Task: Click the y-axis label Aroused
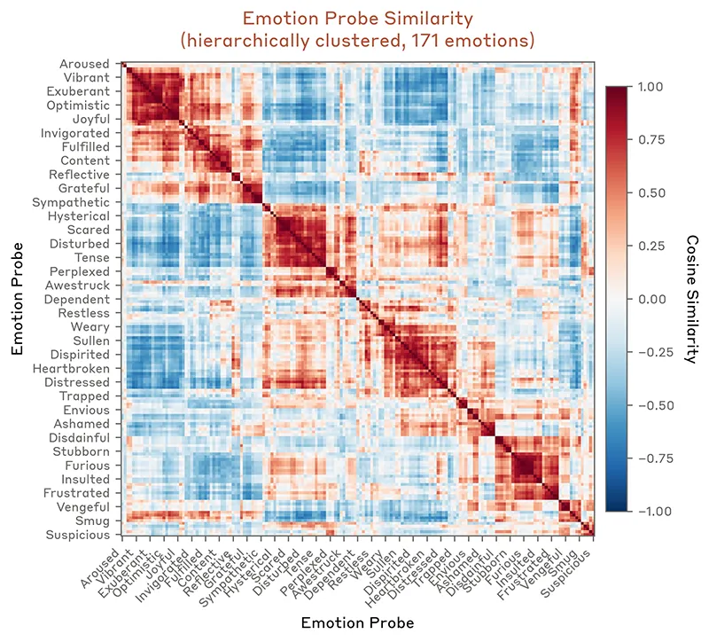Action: point(85,64)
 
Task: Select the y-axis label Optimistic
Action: point(81,106)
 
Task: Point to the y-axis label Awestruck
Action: point(80,286)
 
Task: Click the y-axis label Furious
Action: point(88,466)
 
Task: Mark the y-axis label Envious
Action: point(87,411)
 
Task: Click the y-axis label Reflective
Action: point(80,175)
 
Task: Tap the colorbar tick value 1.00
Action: point(651,87)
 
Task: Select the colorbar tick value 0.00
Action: point(651,299)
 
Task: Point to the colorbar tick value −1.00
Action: point(648,512)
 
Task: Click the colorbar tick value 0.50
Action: point(651,193)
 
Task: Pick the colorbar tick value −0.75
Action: point(648,458)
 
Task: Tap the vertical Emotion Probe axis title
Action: point(17,299)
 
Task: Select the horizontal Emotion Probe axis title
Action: point(357,622)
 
